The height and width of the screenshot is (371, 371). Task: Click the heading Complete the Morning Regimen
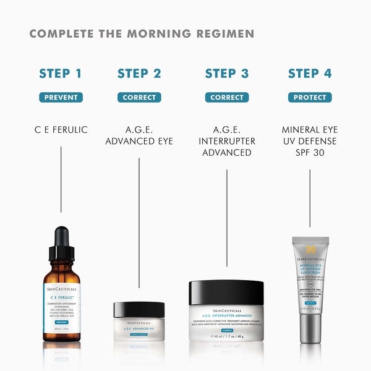(142, 33)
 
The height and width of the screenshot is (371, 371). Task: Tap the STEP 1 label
(61, 74)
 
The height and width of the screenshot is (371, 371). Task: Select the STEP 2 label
(139, 74)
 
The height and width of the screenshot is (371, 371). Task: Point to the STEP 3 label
(227, 74)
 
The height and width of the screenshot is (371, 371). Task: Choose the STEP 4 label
(310, 74)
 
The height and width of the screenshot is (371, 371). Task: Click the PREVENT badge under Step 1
(61, 97)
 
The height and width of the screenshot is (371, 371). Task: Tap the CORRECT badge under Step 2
(139, 97)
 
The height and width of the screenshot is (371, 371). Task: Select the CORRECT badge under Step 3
(227, 97)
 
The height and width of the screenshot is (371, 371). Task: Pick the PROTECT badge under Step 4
(310, 97)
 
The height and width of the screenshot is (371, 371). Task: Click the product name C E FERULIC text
(61, 130)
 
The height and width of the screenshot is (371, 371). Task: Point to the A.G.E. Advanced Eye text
(139, 135)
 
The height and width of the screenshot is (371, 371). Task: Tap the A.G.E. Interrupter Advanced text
(227, 141)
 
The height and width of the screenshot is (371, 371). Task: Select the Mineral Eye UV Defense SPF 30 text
(310, 141)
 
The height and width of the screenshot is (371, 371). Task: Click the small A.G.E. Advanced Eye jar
(139, 322)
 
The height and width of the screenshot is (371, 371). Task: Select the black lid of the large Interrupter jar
(227, 292)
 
